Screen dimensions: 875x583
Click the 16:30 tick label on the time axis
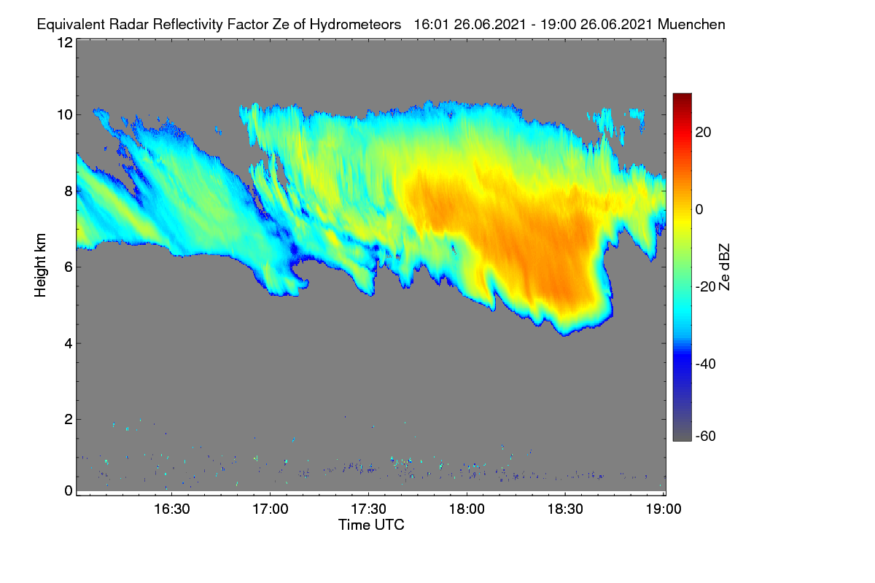point(172,509)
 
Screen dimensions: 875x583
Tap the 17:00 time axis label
point(271,509)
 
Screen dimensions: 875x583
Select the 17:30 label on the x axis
point(368,509)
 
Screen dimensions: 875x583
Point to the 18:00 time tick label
point(467,509)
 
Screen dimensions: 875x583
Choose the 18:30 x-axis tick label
point(565,509)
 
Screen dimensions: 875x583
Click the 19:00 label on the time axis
point(664,509)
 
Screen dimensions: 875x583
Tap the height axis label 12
point(65,42)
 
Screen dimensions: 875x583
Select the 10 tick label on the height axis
point(65,115)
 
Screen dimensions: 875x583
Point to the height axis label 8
point(69,192)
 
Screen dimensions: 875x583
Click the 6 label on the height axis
point(69,267)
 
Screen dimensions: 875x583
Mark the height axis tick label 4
point(69,344)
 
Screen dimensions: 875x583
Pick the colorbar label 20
point(703,133)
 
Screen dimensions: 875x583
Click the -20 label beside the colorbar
point(706,287)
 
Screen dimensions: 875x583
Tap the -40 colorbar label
point(706,364)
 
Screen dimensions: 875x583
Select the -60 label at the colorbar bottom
point(706,437)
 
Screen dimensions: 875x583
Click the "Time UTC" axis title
point(371,525)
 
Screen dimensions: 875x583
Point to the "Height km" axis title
point(40,265)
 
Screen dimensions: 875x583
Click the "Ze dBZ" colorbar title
point(724,267)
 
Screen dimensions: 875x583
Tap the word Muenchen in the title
point(691,25)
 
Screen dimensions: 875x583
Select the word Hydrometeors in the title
point(356,25)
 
